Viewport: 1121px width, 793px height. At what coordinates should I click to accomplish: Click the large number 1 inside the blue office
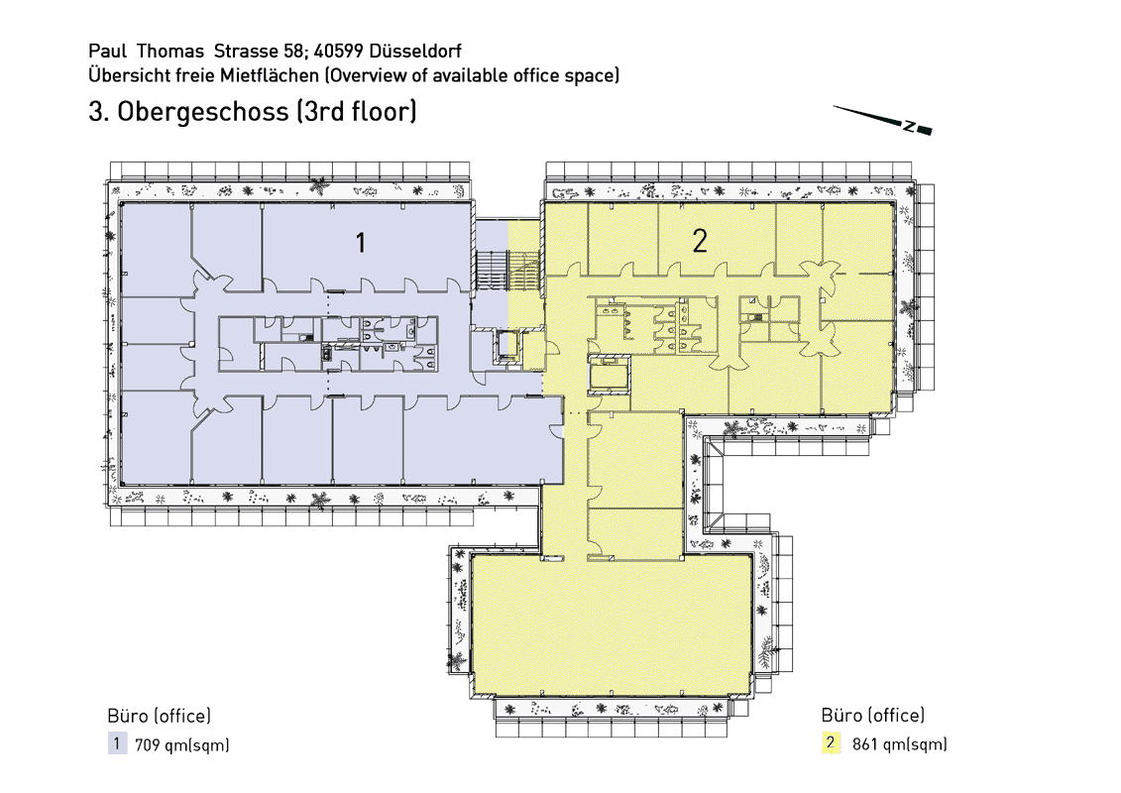tap(361, 243)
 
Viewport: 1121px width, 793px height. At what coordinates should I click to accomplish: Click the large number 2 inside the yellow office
tap(700, 242)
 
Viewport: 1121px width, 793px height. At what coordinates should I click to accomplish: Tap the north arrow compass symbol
tap(883, 120)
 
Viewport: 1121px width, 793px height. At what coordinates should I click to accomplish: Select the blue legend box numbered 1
tap(117, 743)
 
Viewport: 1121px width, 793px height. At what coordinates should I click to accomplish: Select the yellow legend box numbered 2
tap(831, 743)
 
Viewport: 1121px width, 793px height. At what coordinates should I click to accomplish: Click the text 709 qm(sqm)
tap(182, 745)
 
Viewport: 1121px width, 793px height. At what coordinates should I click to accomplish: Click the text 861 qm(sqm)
tap(899, 744)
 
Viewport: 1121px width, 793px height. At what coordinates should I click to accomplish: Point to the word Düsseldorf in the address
tap(416, 51)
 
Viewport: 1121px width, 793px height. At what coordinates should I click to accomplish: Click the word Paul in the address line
tap(107, 51)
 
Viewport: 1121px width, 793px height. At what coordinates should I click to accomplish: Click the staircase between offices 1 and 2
tap(506, 271)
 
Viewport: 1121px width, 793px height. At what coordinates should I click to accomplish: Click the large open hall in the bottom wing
tap(612, 624)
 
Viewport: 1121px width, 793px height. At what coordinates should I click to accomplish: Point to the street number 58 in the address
tap(294, 51)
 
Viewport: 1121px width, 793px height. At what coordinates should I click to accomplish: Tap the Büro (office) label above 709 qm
tap(159, 716)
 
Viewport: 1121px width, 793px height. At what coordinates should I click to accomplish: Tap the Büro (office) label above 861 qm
tap(873, 715)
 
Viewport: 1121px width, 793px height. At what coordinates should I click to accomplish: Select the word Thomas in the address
tap(170, 51)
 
